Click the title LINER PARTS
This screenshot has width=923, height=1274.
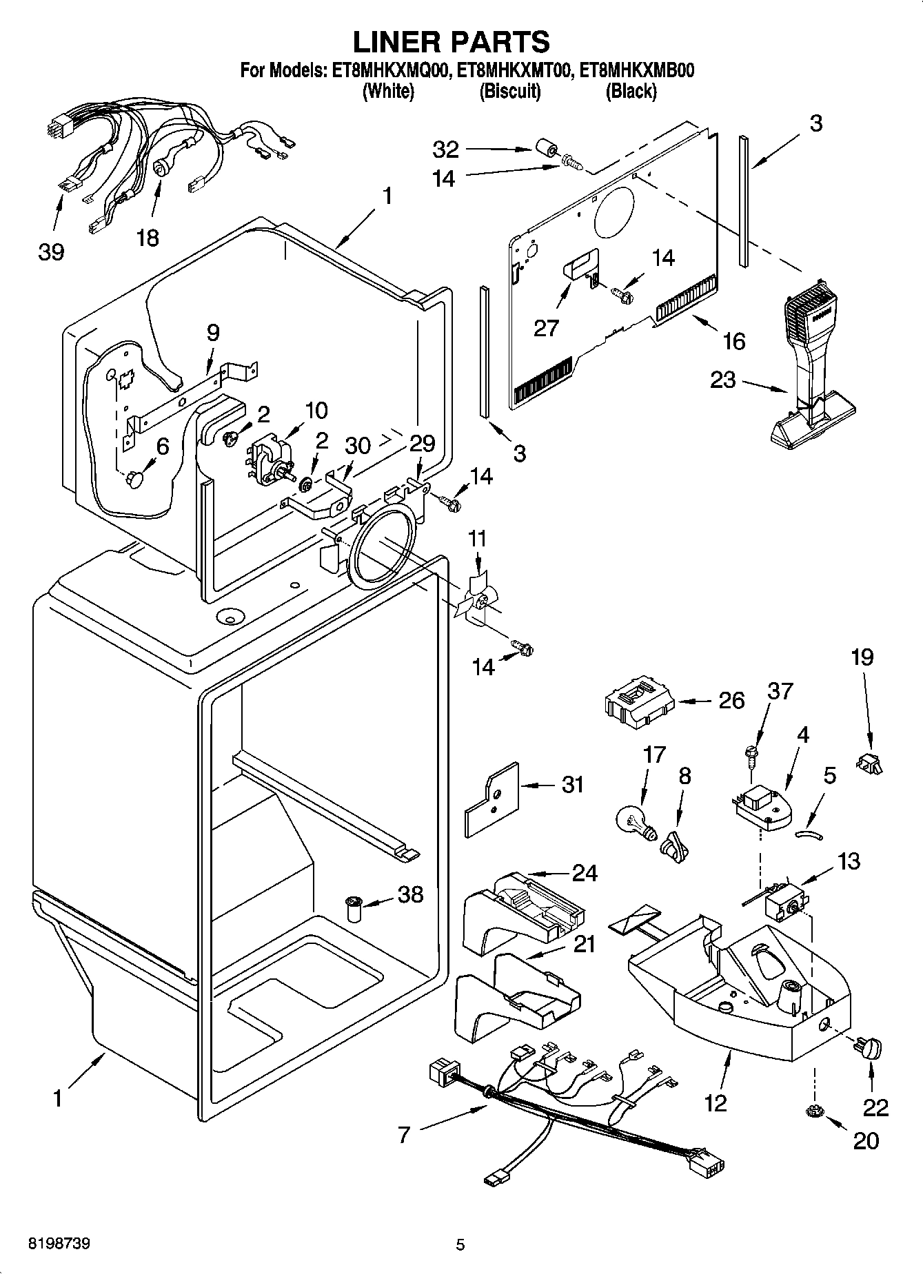[452, 42]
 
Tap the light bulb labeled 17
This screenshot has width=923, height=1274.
[633, 821]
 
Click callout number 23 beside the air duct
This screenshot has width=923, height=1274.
[723, 380]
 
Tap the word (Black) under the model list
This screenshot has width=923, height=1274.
[631, 91]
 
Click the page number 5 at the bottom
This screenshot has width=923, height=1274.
[460, 1244]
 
